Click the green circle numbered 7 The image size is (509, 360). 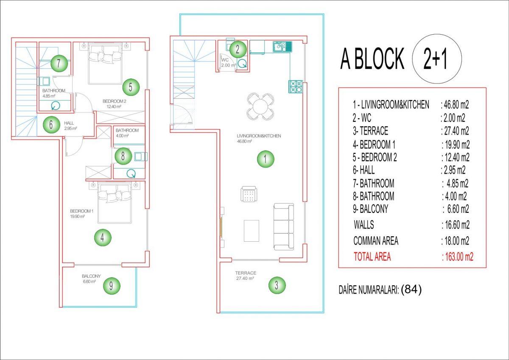pos(59,63)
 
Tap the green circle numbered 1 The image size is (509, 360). pos(266,159)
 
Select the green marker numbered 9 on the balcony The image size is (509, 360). pos(111,285)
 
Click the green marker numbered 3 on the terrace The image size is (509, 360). pos(277,285)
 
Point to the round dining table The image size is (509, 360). pos(260,106)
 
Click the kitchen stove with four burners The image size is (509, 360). pos(296,87)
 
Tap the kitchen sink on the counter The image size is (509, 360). pos(282,47)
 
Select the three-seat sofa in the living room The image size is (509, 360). pos(284,226)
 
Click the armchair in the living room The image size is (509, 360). pos(249,194)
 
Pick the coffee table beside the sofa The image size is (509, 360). pos(252,231)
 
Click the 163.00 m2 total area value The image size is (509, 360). pos(457,257)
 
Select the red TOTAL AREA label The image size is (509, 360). pos(372,257)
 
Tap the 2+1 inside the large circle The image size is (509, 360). pos(435,59)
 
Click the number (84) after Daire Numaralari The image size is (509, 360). pos(411,289)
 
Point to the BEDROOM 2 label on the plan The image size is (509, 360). pos(114,101)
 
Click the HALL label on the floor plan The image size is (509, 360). pos(69,123)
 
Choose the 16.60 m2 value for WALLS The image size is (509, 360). pos(456,225)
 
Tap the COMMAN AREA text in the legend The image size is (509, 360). pos(376,241)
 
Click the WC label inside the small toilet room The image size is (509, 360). pos(225,60)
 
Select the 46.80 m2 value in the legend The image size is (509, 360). pos(455,105)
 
